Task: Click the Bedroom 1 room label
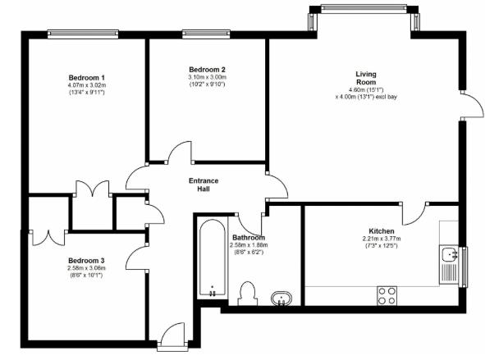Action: point(85,76)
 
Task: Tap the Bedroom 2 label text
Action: point(207,69)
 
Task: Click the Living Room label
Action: point(366,78)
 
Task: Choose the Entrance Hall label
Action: point(204,185)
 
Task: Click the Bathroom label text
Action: point(248,237)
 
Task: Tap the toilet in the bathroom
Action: point(247,293)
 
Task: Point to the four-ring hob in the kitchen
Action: point(387,295)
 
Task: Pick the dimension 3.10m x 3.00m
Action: point(207,77)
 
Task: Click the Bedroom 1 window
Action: point(85,34)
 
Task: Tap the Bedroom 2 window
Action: point(206,34)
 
